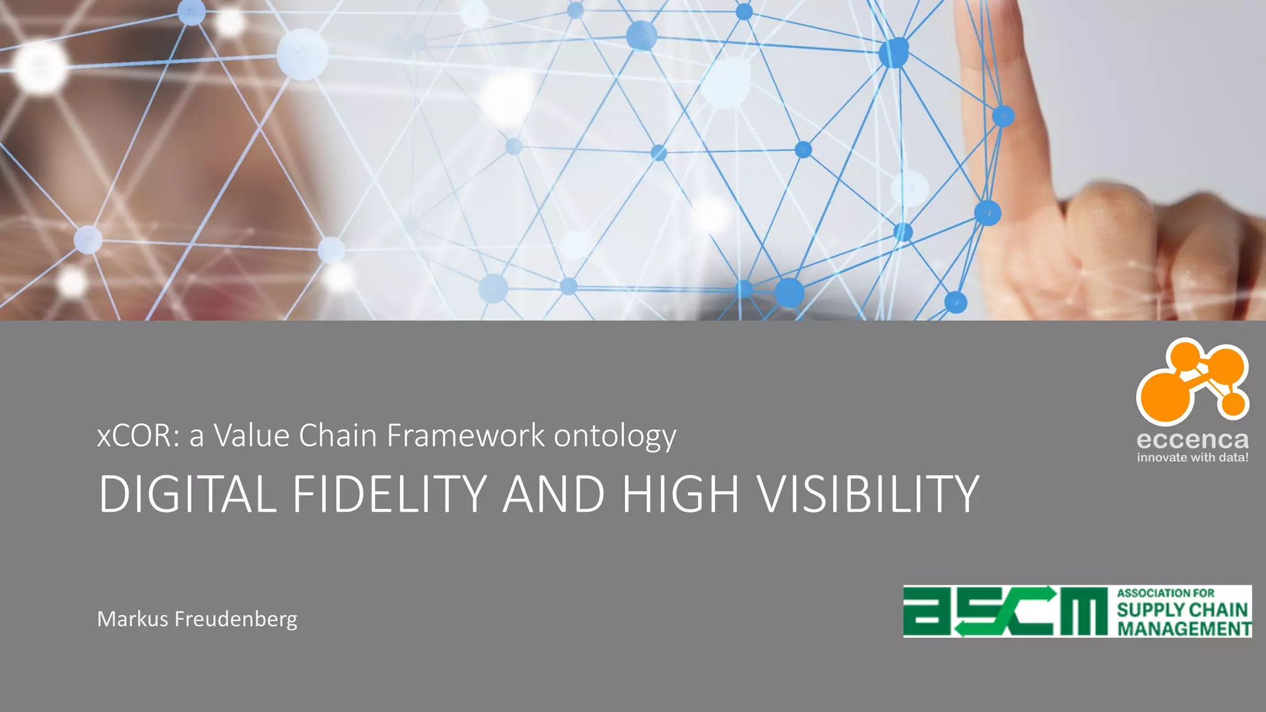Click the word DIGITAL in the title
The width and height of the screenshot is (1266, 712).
(187, 494)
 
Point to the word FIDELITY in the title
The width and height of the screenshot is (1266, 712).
(390, 494)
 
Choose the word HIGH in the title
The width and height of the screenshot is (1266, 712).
(680, 494)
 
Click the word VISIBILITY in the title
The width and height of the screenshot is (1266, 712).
(868, 494)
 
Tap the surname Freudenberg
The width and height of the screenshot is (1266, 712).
(236, 619)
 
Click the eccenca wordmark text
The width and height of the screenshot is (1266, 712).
(1192, 440)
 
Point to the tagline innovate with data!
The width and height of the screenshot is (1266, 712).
(1192, 458)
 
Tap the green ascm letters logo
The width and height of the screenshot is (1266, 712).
(1005, 611)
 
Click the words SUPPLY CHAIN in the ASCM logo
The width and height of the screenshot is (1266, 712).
(1182, 610)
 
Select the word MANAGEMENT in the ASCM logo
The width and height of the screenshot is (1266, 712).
(1184, 629)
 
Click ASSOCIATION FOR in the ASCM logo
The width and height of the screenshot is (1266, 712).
(1165, 593)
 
